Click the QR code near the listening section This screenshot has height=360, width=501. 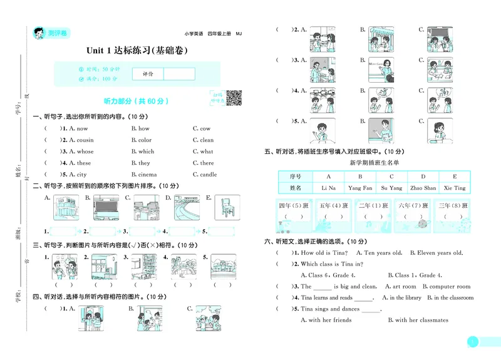234,98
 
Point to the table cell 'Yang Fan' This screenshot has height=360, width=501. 360,188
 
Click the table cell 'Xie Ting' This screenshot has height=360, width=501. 455,188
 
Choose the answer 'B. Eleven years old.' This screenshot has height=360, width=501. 436,253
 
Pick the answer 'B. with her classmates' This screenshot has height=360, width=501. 421,320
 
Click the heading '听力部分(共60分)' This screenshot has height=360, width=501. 136,101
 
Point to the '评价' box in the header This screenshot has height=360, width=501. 148,74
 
